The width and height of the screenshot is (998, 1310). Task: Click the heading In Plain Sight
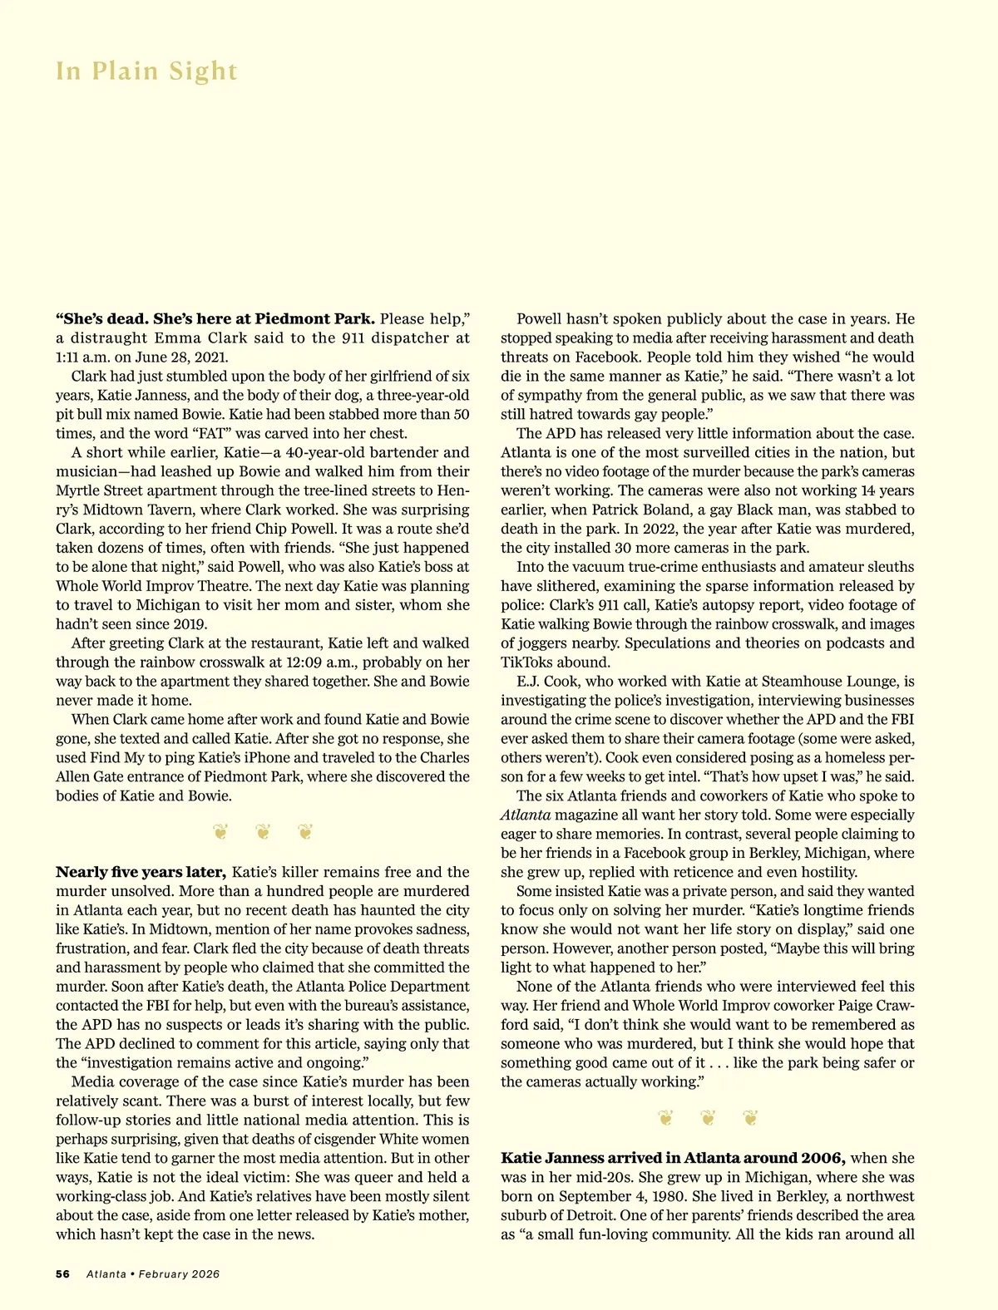click(x=146, y=71)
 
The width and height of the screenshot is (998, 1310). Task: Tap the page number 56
click(x=63, y=1273)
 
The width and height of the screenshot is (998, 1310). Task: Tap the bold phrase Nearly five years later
click(x=141, y=872)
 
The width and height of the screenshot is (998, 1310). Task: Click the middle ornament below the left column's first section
click(x=263, y=831)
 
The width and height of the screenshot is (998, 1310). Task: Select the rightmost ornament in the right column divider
click(x=750, y=1118)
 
